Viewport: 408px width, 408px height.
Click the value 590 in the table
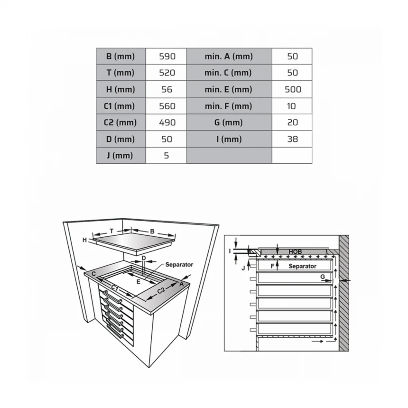click(167, 56)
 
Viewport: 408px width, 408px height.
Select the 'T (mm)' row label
click(120, 73)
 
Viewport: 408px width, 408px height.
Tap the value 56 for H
click(167, 90)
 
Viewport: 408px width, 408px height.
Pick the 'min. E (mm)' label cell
click(228, 90)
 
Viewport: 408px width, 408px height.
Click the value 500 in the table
click(293, 90)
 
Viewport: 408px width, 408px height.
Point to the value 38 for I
click(292, 139)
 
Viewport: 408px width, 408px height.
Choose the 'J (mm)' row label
click(120, 156)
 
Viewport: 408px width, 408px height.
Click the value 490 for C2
click(167, 122)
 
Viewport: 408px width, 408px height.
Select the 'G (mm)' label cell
click(229, 122)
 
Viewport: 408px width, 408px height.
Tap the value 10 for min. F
click(291, 106)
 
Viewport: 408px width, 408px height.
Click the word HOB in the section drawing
click(296, 251)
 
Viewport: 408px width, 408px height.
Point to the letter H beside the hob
click(84, 240)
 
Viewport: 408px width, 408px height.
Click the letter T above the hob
click(111, 231)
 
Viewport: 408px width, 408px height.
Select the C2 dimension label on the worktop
click(161, 290)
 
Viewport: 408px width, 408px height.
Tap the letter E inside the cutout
click(139, 281)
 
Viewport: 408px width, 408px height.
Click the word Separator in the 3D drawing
click(179, 265)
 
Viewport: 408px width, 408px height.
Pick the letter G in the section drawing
click(323, 277)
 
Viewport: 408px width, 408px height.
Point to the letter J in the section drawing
click(243, 268)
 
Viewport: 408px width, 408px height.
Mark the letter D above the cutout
click(144, 258)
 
